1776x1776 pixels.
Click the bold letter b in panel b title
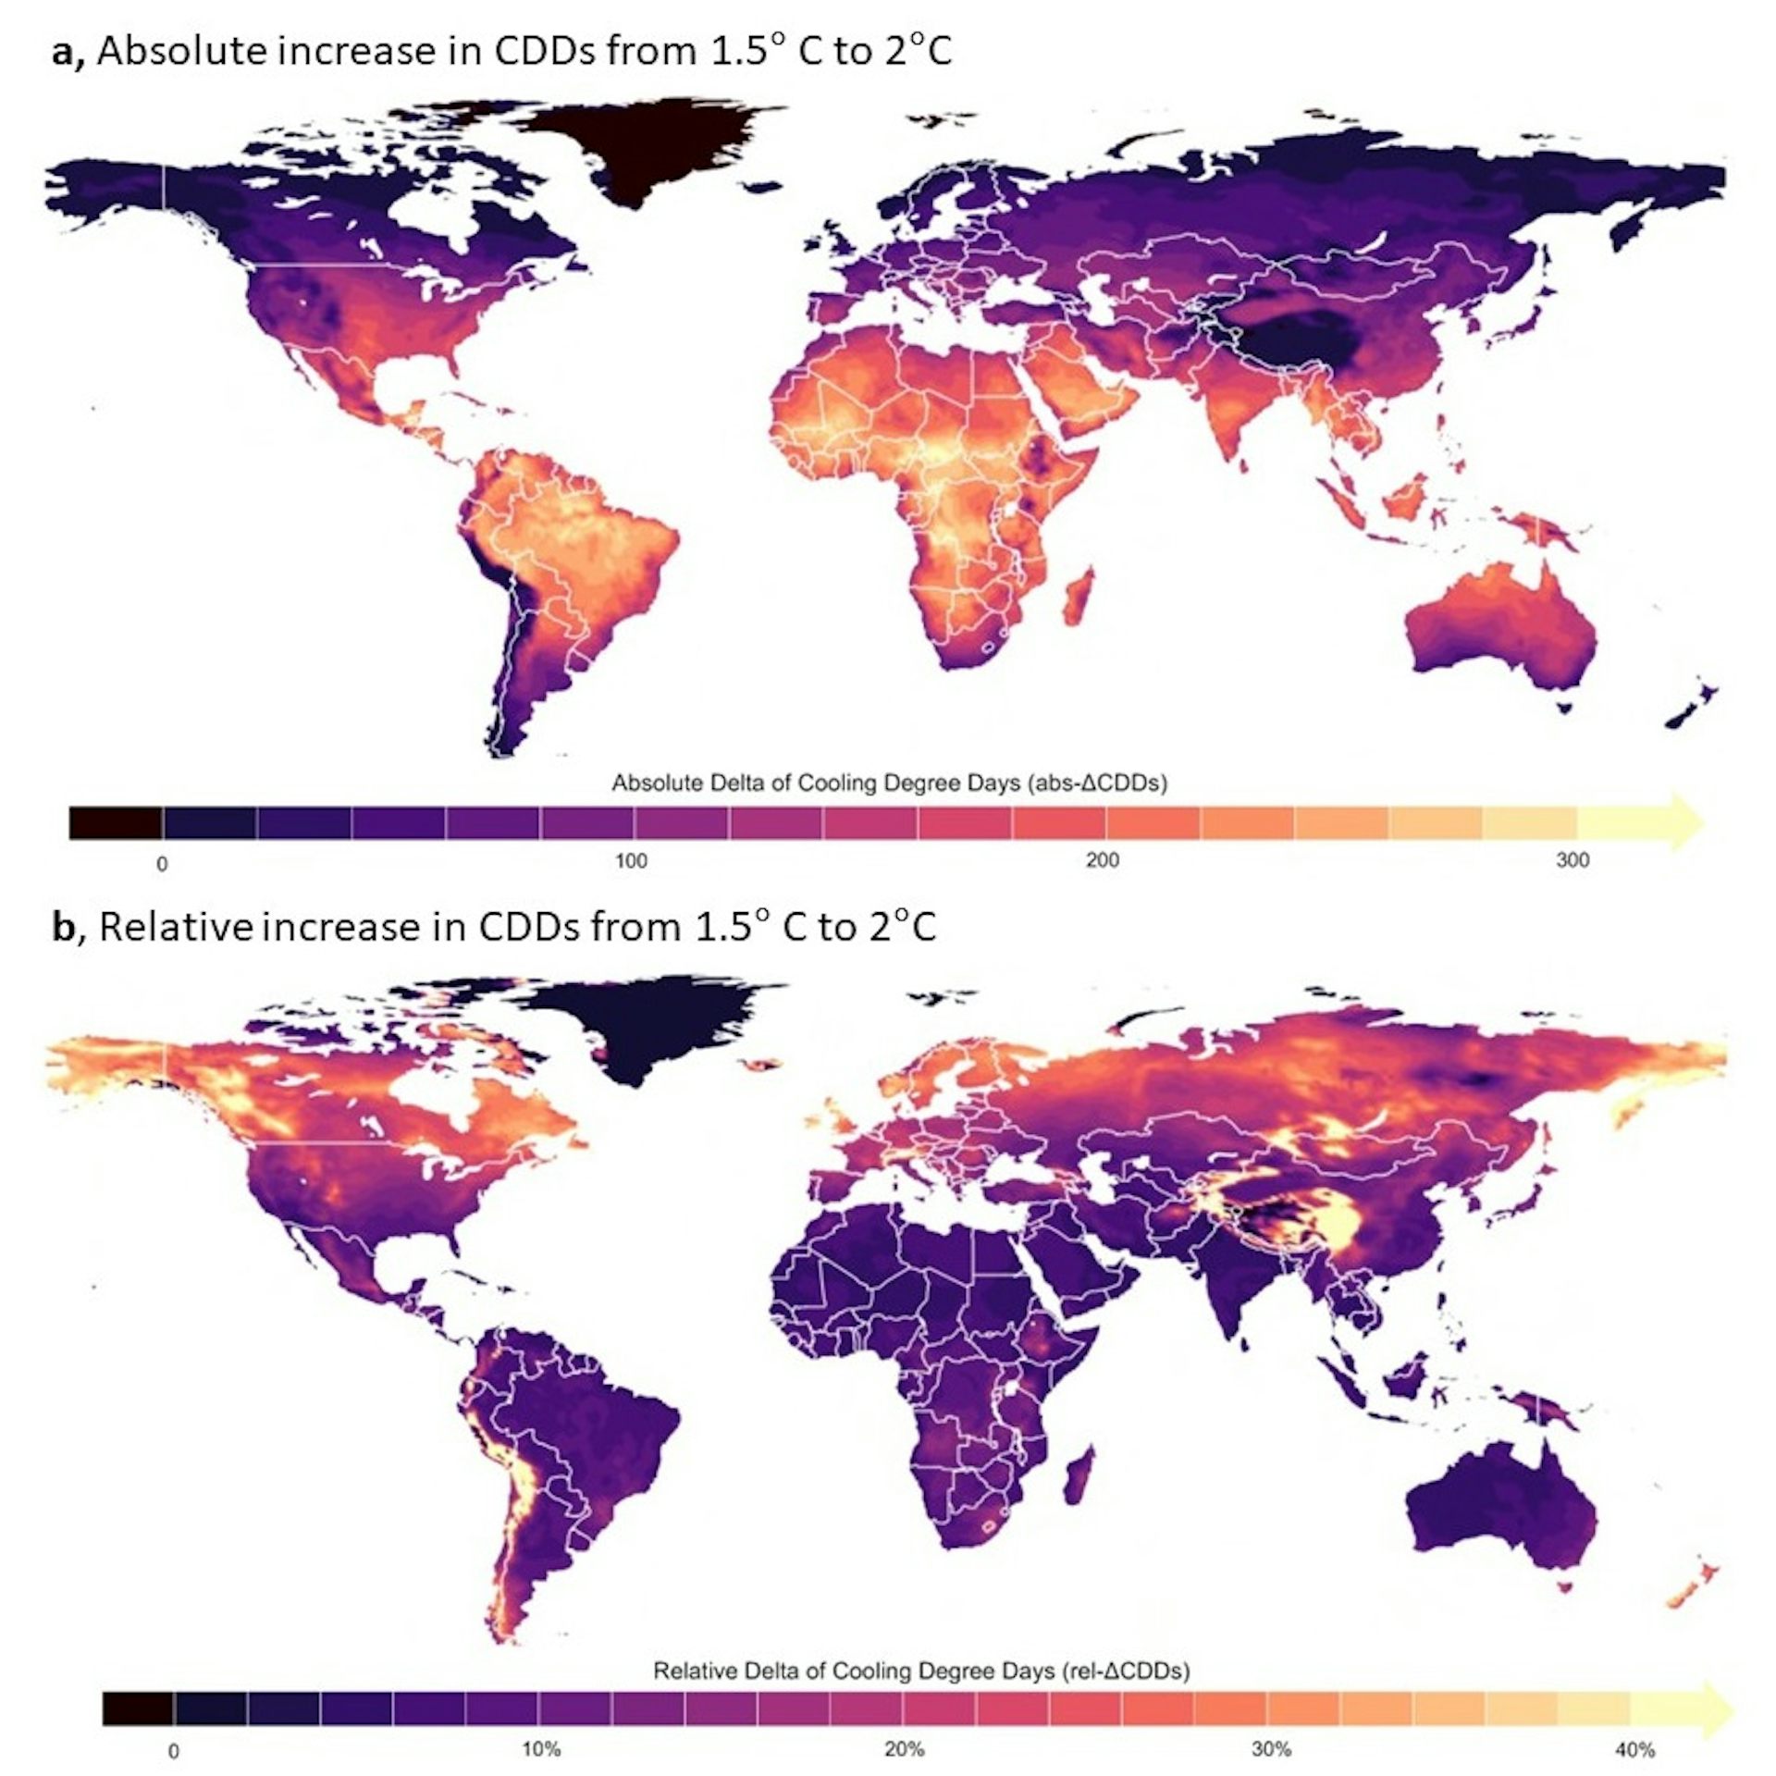point(63,927)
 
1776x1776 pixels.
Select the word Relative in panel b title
point(175,927)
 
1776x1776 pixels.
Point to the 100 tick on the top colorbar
point(632,861)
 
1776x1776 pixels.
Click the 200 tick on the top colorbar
point(1103,861)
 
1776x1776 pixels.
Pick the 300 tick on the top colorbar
point(1572,861)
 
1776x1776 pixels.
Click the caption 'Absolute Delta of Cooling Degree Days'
point(889,783)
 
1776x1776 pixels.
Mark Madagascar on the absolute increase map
point(1079,597)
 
